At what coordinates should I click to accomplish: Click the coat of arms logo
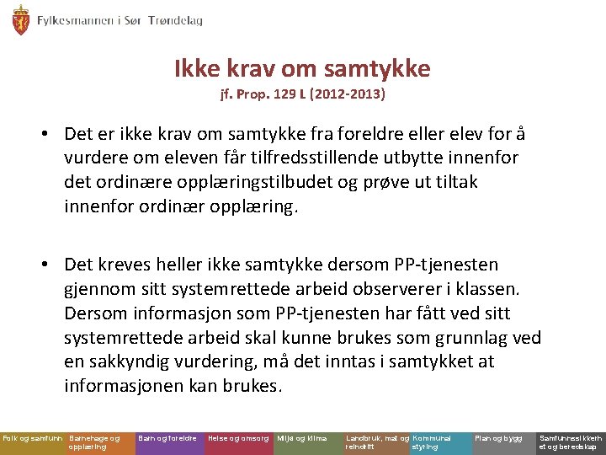(20, 19)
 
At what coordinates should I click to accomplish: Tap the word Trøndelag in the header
(175, 20)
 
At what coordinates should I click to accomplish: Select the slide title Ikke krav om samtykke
(302, 67)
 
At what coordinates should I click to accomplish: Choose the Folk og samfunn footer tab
(32, 439)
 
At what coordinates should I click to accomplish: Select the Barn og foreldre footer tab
(168, 439)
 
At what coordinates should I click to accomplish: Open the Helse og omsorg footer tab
(238, 439)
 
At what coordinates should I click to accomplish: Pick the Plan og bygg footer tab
(499, 439)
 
